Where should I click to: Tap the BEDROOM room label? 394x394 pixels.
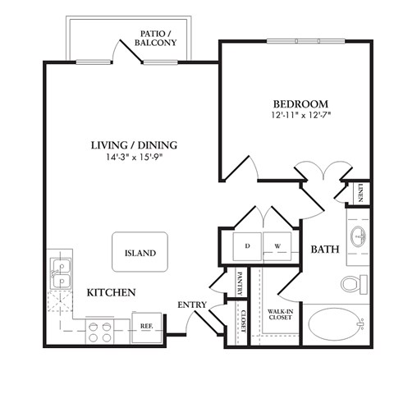point(300,104)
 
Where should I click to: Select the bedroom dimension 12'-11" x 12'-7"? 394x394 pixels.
point(300,117)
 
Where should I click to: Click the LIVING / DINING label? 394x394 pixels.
point(134,145)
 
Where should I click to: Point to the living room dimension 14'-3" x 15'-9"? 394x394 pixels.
point(134,158)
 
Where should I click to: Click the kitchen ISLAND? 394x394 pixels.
point(140,254)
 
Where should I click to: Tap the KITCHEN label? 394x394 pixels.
point(112,292)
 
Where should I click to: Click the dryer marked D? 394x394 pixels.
point(247,244)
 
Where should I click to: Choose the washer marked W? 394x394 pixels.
point(276,244)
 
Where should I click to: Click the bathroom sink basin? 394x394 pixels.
point(358,238)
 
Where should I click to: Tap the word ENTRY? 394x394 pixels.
point(191,305)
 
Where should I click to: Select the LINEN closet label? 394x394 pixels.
point(360,193)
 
